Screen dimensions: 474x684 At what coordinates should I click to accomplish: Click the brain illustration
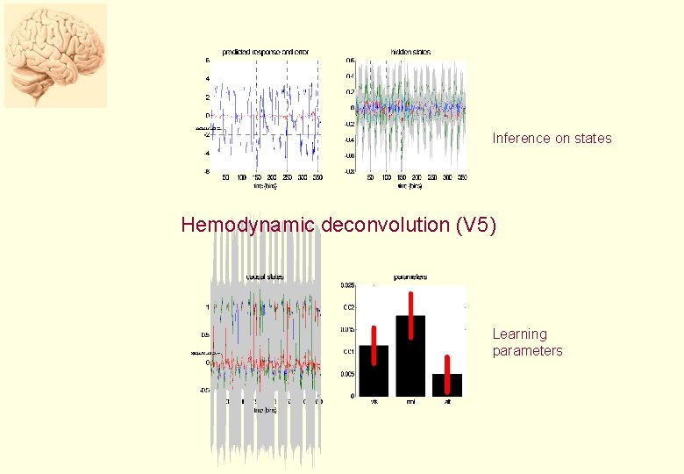pos(55,55)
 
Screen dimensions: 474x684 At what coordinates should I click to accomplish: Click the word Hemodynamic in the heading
pos(247,225)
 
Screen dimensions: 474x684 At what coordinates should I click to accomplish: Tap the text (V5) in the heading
pos(476,225)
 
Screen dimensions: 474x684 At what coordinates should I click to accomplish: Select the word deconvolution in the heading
pos(386,225)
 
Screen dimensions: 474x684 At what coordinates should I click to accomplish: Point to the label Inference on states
pos(552,138)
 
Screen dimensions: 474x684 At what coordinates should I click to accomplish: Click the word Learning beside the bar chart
pos(519,334)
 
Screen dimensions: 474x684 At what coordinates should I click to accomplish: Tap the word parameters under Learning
pos(527,351)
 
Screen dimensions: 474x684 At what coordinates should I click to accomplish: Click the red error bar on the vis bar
pos(374,345)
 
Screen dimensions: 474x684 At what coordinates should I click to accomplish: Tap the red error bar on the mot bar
pos(410,315)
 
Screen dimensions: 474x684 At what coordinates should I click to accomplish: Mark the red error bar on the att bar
pos(446,375)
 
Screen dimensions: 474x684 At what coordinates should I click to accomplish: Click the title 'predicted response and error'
pos(265,53)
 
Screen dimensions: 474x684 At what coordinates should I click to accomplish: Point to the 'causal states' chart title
pos(265,276)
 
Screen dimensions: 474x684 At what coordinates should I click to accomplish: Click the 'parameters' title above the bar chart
pos(410,276)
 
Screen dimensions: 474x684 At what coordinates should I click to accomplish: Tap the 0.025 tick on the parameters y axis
pos(347,285)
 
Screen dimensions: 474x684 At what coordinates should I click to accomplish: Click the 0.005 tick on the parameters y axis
pos(347,374)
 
